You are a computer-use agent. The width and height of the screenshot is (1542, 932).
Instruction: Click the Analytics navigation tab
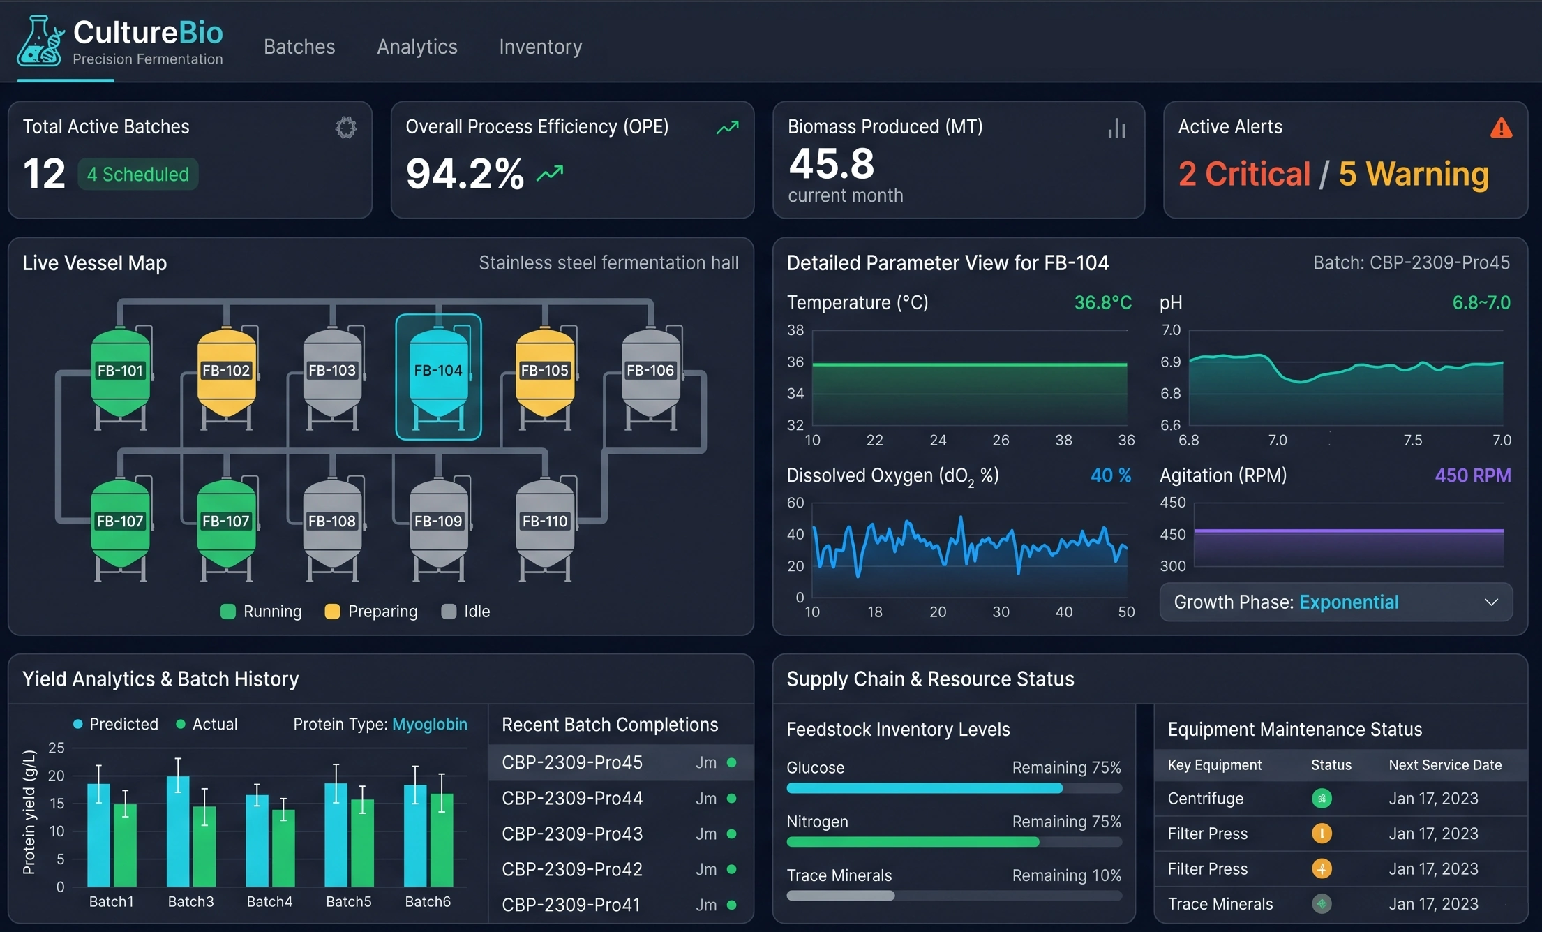(x=417, y=47)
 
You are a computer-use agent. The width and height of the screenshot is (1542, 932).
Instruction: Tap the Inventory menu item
(x=540, y=47)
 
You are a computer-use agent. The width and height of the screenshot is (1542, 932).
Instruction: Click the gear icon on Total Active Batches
(x=345, y=128)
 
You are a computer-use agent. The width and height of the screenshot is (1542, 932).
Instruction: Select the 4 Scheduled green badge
(x=137, y=174)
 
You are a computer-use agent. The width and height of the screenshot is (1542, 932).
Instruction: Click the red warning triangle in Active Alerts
(x=1501, y=128)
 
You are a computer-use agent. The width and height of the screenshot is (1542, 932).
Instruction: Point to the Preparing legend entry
(x=371, y=612)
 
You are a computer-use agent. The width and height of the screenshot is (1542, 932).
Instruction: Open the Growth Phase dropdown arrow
(x=1491, y=602)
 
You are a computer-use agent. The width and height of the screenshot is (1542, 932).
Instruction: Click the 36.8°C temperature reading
(x=1102, y=303)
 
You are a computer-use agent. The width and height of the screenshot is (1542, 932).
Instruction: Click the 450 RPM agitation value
(x=1472, y=475)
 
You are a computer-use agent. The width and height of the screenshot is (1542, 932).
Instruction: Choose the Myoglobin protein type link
(x=429, y=724)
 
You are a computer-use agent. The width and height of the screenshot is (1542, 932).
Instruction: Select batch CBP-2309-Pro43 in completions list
(x=572, y=834)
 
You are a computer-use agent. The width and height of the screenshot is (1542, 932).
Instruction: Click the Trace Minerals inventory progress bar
(x=953, y=896)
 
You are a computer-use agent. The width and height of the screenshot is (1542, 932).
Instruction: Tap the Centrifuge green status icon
(x=1322, y=798)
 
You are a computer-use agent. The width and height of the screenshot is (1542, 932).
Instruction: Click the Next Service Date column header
(x=1444, y=765)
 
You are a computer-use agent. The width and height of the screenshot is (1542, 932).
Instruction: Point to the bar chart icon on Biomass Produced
(x=1116, y=128)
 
